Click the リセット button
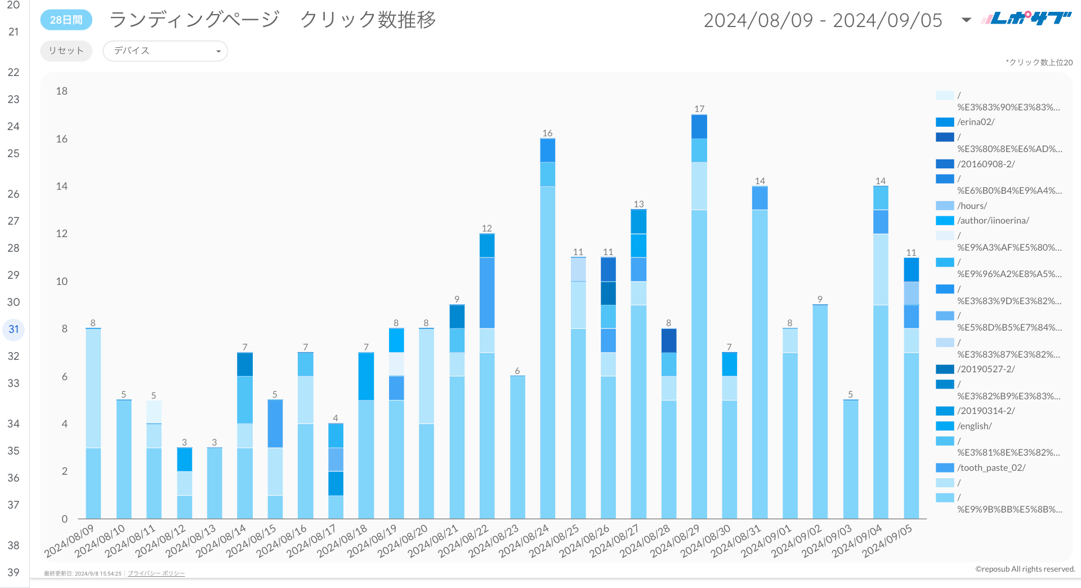click(x=66, y=51)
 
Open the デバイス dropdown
click(x=165, y=51)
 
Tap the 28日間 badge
click(x=66, y=20)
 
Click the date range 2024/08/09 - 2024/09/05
click(x=823, y=20)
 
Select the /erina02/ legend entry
click(x=976, y=122)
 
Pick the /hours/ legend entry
click(x=972, y=206)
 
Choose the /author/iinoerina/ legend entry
click(x=993, y=220)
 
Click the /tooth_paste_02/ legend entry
click(x=991, y=467)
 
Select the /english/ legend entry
click(x=974, y=426)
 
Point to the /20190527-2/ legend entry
click(x=986, y=369)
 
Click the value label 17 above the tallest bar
click(x=699, y=109)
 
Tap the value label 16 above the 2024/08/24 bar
click(x=547, y=133)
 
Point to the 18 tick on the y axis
click(x=61, y=91)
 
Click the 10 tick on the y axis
click(x=61, y=281)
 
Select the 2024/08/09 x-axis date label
click(x=70, y=540)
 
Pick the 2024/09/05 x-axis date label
click(x=887, y=540)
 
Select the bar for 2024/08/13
click(x=215, y=483)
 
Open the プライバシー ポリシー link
click(x=156, y=573)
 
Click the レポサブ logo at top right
click(x=1026, y=19)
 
